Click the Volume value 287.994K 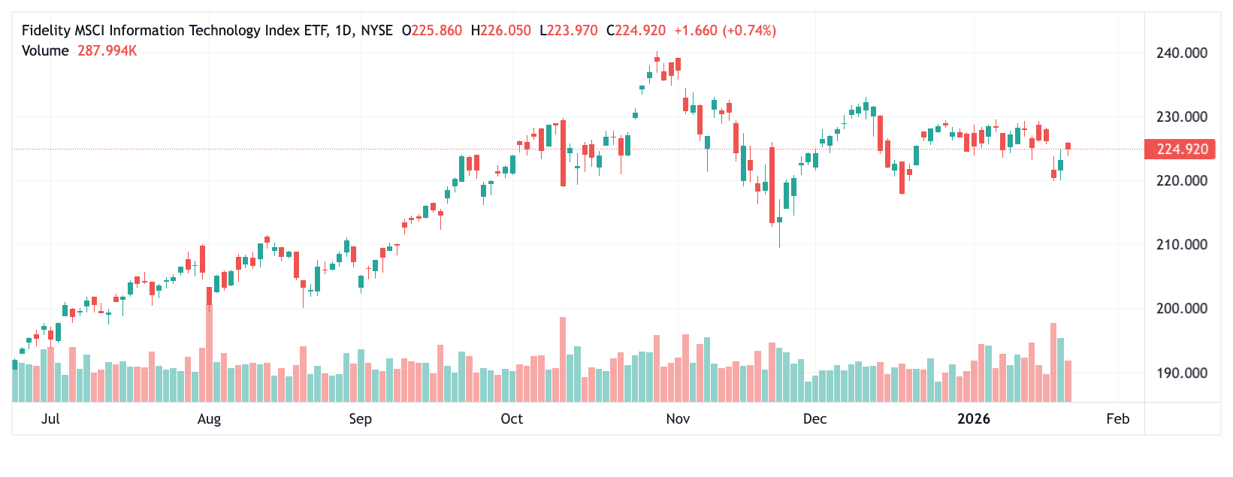107,51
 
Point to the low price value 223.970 573,31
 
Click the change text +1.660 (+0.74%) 725,31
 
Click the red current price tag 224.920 1182,149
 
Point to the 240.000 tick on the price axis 1182,53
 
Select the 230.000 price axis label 1182,117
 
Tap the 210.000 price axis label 1182,245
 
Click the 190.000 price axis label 1182,373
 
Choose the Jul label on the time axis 50,419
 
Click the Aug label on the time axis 209,419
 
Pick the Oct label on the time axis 512,419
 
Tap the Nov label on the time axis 678,419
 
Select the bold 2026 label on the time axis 974,419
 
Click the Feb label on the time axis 1117,419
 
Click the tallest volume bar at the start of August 209,353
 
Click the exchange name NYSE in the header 376,31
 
